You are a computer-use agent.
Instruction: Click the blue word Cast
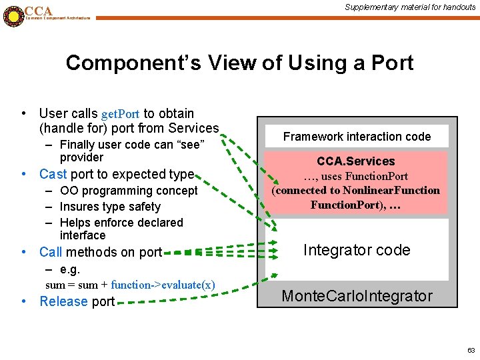tap(53, 174)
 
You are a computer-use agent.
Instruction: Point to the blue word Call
tap(51, 252)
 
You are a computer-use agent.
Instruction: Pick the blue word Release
tap(64, 301)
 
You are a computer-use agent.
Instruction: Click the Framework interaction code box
tap(357, 137)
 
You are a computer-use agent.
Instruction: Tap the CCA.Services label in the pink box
tap(356, 161)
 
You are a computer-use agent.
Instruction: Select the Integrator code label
tap(357, 250)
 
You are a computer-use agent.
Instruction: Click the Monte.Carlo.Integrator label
tap(357, 296)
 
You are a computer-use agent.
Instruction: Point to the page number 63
tap(471, 350)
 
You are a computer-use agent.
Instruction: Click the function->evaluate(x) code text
tap(163, 285)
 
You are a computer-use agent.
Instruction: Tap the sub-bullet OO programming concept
tap(129, 191)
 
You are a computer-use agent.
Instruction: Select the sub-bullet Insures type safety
tap(110, 207)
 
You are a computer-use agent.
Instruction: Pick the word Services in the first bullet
tap(193, 128)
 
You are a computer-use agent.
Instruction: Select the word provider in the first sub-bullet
tap(81, 157)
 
